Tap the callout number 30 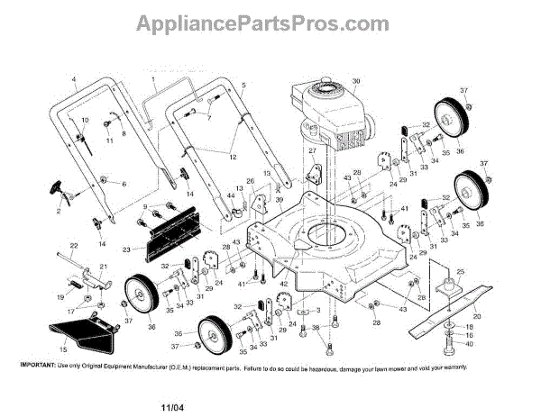point(355,80)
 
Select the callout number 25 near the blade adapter point(460,271)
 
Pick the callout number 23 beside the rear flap point(126,249)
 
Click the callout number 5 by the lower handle point(243,84)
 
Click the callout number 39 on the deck point(280,199)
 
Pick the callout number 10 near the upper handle point(86,121)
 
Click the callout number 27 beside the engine point(313,151)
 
